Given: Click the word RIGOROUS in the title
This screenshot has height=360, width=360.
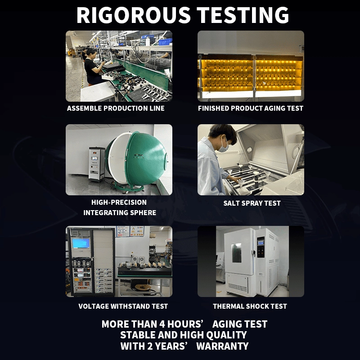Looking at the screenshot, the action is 133,15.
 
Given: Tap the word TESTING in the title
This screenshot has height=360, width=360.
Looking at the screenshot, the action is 243,15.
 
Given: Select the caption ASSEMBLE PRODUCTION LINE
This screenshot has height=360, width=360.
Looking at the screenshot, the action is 116,108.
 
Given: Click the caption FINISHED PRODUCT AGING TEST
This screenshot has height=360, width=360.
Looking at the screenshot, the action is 251,108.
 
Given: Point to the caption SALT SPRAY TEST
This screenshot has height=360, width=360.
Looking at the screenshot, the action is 252,203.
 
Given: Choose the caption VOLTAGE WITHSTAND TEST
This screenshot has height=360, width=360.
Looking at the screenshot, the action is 123,306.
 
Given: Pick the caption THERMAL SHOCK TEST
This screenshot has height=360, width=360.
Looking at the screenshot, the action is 250,306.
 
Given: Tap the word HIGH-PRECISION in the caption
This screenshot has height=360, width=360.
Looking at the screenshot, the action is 119,202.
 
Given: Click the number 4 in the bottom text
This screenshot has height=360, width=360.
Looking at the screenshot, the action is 162,324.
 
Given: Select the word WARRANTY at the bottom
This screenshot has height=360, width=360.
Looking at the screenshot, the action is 222,346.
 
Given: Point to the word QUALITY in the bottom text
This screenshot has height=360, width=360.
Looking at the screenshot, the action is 226,335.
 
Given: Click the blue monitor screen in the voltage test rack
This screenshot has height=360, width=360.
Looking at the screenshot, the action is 81,243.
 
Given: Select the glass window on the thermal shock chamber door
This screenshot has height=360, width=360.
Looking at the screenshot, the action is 236,253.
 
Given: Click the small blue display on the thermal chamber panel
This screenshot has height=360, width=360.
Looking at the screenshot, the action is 261,243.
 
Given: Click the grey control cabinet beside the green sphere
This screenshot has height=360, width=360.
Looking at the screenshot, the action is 97,164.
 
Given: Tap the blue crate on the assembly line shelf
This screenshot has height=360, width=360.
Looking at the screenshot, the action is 165,42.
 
